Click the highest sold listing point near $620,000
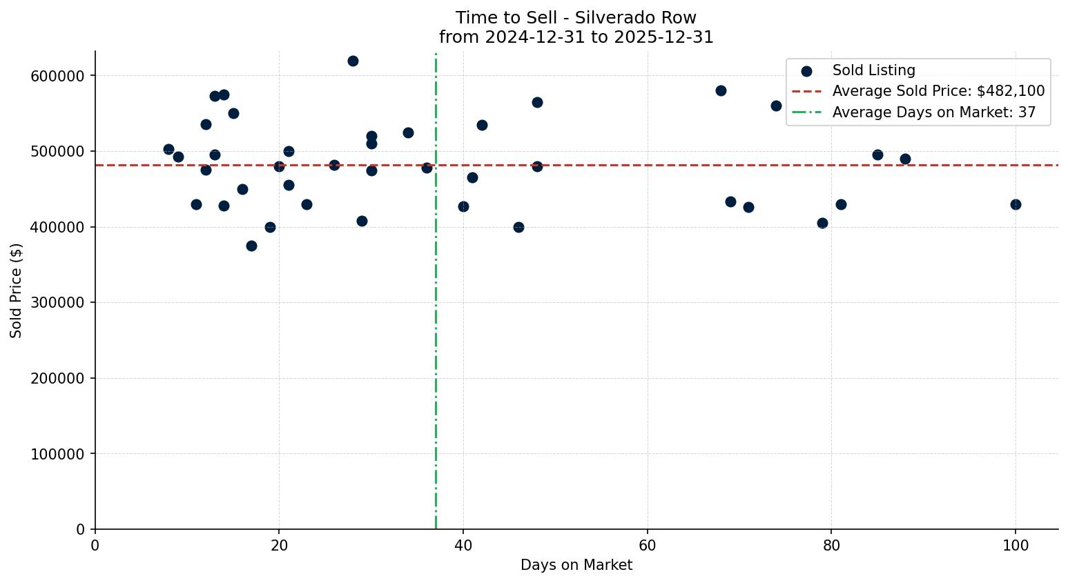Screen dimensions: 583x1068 click(353, 61)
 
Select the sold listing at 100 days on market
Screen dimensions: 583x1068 click(1016, 204)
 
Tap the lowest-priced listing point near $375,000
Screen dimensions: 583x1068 click(251, 246)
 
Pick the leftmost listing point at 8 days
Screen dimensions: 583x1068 click(168, 149)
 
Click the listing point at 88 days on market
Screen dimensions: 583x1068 click(905, 159)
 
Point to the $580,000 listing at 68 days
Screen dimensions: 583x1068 click(721, 90)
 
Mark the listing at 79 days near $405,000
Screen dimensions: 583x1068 click(822, 223)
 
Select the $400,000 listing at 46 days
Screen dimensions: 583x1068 click(518, 227)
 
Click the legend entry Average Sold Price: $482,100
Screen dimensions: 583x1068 click(938, 91)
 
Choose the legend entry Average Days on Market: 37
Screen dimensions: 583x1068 click(933, 112)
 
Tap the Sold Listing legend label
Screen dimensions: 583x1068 click(873, 70)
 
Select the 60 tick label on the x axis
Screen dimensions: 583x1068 click(648, 546)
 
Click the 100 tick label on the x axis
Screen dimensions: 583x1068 click(1016, 546)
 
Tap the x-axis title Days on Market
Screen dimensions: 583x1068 click(576, 565)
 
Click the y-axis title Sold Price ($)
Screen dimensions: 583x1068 click(17, 290)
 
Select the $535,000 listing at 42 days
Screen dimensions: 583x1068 click(482, 125)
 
